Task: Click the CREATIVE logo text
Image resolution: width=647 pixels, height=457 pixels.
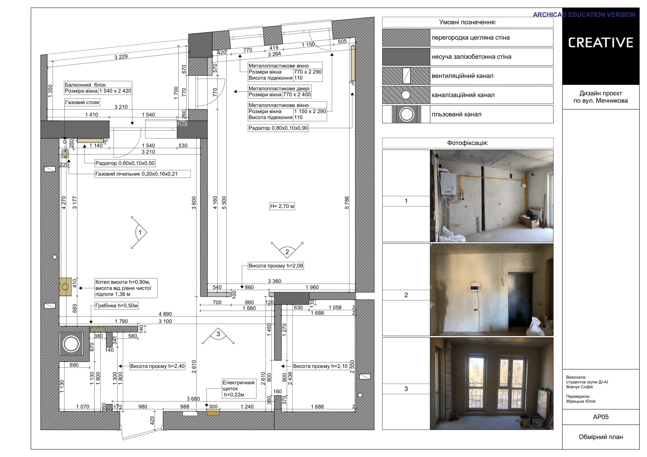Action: point(600,42)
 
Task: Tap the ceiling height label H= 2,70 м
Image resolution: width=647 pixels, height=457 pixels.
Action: point(282,206)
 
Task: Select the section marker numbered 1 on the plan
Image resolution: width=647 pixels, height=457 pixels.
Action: point(139,233)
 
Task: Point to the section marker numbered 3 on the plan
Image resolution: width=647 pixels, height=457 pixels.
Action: point(218,336)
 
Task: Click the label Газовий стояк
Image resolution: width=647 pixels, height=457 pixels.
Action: point(82,102)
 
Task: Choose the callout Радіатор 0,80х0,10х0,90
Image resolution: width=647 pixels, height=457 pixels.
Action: point(278,128)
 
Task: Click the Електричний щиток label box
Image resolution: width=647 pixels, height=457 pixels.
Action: point(239,389)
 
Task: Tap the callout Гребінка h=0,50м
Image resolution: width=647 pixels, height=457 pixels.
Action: point(116,306)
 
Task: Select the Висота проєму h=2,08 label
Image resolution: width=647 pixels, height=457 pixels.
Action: point(275,266)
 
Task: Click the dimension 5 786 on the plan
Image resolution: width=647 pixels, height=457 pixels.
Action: point(347,203)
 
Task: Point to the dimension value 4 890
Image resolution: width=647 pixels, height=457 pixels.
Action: point(165,314)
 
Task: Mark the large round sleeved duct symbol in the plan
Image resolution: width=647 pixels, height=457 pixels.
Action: point(71,344)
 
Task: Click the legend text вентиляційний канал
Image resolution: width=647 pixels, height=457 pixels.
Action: point(463,76)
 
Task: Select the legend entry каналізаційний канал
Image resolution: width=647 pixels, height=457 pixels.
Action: point(463,95)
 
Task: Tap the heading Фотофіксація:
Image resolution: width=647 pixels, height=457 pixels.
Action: point(468,143)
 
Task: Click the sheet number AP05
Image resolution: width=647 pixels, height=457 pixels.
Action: point(600,417)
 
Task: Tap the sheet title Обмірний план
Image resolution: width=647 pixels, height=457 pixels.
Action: point(600,437)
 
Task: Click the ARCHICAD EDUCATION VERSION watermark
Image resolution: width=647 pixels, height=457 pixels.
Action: point(584,15)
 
